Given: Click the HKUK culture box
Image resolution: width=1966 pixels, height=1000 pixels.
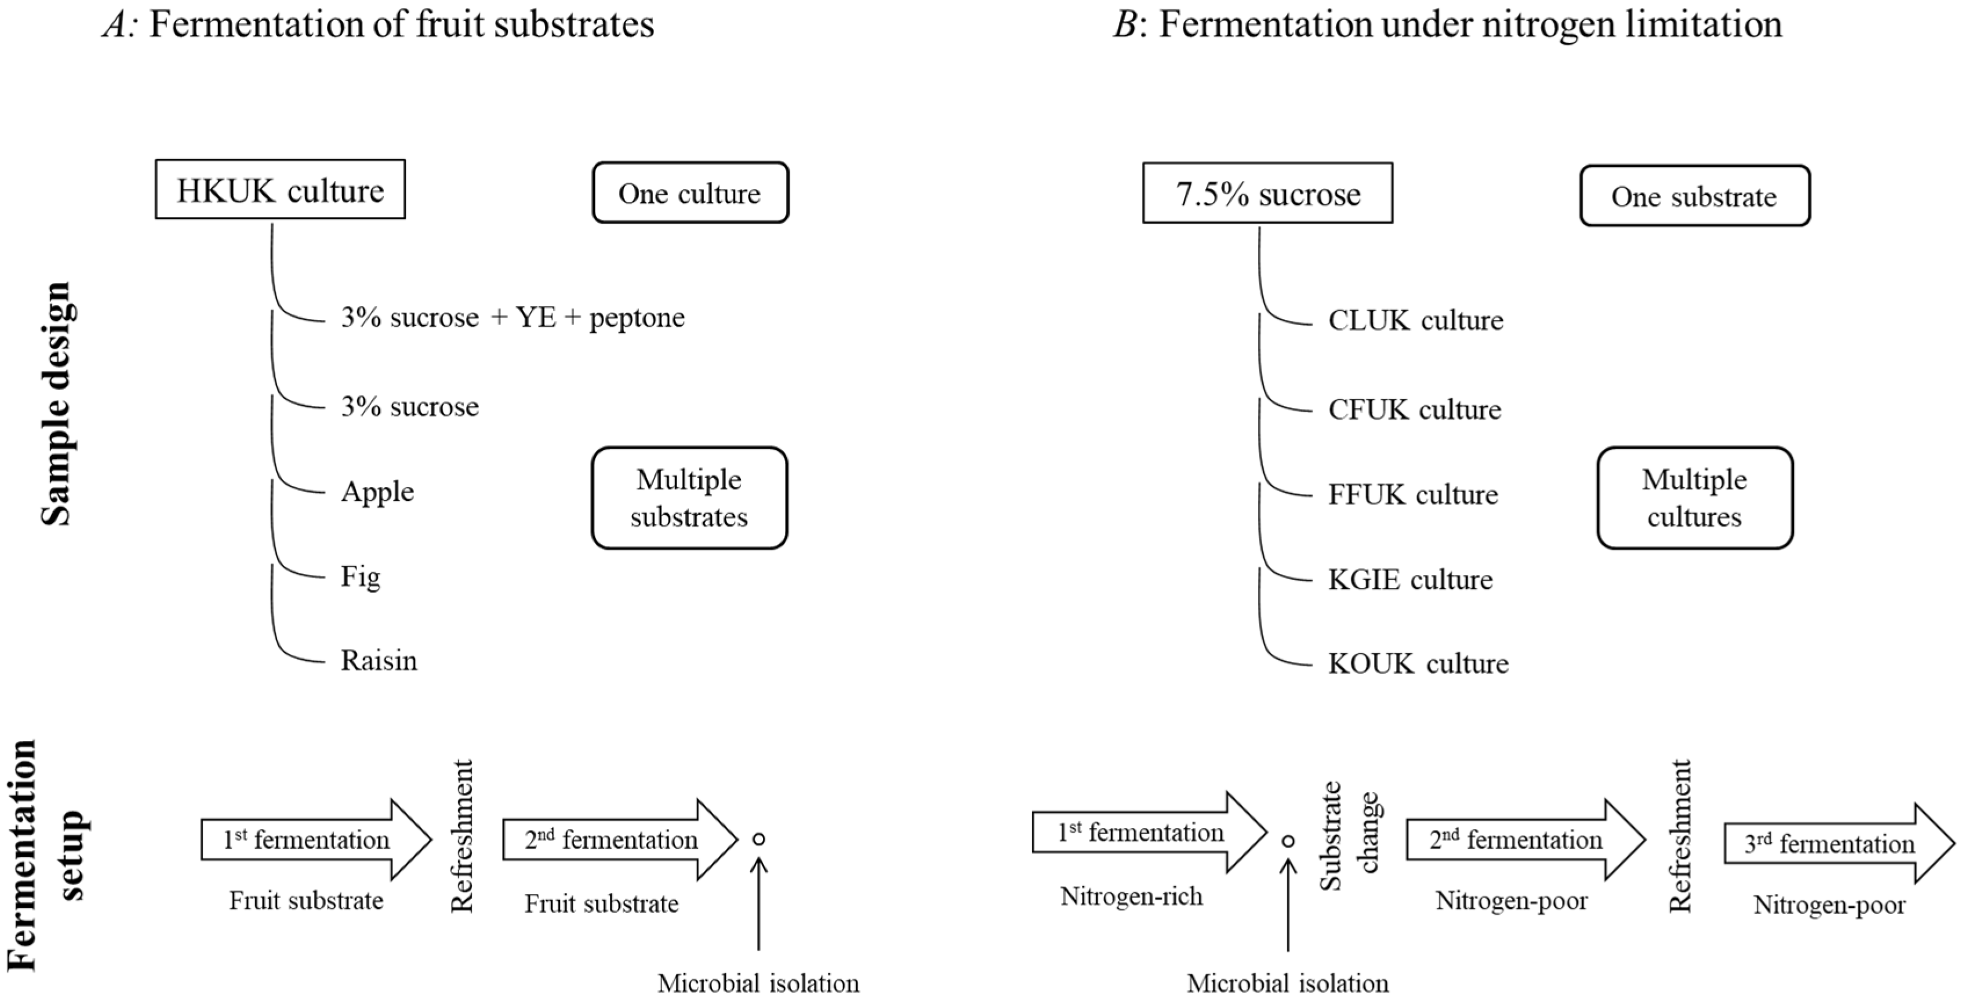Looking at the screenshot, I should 280,190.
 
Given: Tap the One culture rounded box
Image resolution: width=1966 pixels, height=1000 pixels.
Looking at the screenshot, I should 690,193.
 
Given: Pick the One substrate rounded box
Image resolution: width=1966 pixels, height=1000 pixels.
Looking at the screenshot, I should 1694,196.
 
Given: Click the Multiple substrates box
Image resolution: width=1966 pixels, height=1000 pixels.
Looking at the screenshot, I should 689,498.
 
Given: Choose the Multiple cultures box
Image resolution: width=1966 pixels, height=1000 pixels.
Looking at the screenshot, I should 1694,498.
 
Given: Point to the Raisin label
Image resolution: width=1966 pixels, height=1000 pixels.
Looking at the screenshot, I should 379,660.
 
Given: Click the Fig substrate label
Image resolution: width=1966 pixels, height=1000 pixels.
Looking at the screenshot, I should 360,576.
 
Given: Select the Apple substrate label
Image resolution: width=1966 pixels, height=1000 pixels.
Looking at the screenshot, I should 377,492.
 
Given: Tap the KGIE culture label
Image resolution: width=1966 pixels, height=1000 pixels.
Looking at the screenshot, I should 1409,579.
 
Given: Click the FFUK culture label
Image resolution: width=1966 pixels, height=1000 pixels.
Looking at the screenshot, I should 1413,494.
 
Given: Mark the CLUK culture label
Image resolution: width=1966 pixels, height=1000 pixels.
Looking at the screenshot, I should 1415,320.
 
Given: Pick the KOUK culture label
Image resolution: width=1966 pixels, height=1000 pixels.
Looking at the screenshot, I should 1418,663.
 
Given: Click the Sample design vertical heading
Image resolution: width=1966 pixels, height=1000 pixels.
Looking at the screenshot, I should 56,405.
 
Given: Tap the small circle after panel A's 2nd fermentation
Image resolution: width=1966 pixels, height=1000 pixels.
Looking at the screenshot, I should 758,839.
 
